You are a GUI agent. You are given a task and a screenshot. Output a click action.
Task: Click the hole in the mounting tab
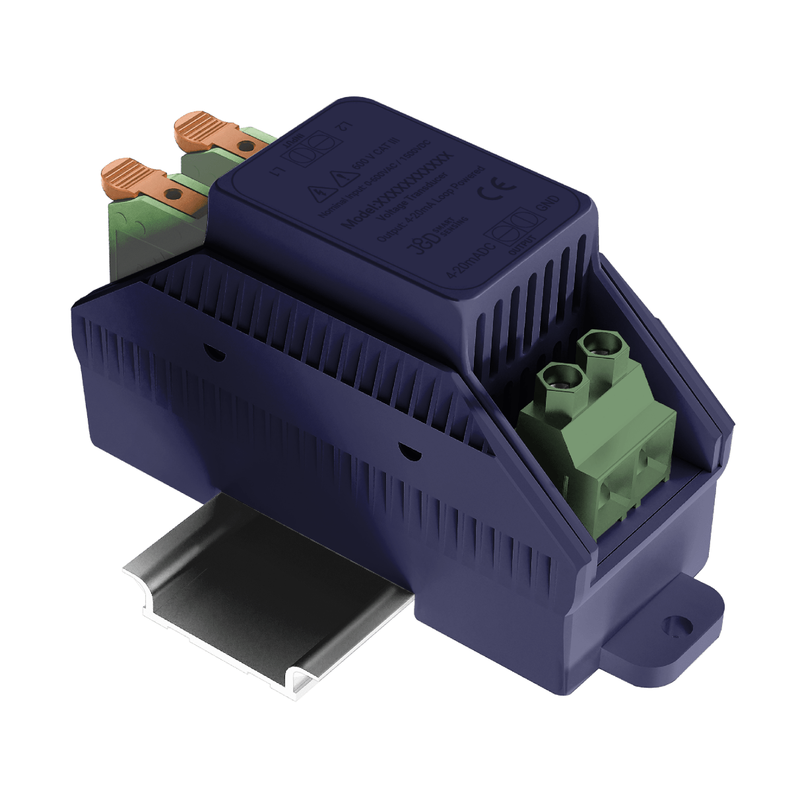click(672, 622)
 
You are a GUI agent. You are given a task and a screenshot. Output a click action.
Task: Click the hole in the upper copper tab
click(245, 145)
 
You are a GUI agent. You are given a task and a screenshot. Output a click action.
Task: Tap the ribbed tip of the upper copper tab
click(197, 127)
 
